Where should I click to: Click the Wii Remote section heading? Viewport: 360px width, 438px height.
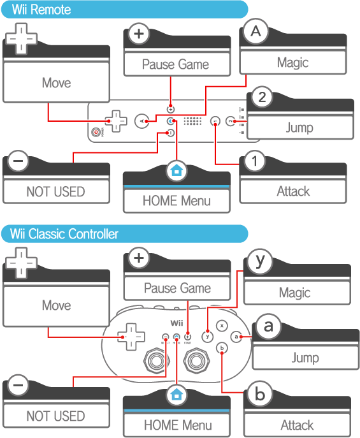click(x=41, y=10)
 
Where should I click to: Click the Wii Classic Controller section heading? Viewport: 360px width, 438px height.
click(x=64, y=234)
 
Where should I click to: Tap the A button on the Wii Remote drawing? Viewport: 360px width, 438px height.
click(x=141, y=121)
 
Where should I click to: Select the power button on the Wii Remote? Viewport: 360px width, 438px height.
click(x=96, y=132)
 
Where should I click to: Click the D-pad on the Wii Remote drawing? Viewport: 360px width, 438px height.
click(x=116, y=121)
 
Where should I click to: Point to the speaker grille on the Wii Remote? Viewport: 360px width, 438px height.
click(x=192, y=121)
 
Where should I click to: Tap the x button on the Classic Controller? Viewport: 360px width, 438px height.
click(x=222, y=326)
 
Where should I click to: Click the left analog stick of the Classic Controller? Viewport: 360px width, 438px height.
click(x=157, y=361)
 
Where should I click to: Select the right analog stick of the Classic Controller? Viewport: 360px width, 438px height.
click(x=196, y=361)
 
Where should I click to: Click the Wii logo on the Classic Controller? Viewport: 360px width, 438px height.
click(x=177, y=323)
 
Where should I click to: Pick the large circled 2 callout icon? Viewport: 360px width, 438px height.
click(x=262, y=97)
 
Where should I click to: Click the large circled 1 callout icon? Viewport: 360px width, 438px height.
click(x=254, y=161)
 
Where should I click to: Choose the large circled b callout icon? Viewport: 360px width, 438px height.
click(x=259, y=394)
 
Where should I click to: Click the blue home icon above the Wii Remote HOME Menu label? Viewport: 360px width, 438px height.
click(x=176, y=170)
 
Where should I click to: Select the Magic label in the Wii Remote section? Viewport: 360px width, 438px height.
click(x=292, y=62)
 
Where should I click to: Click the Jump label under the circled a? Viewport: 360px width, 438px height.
click(x=305, y=358)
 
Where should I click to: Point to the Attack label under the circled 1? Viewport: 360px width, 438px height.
click(x=293, y=191)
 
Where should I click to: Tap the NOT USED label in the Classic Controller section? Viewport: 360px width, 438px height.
click(x=56, y=416)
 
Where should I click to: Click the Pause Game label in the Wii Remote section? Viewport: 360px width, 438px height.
click(x=175, y=64)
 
